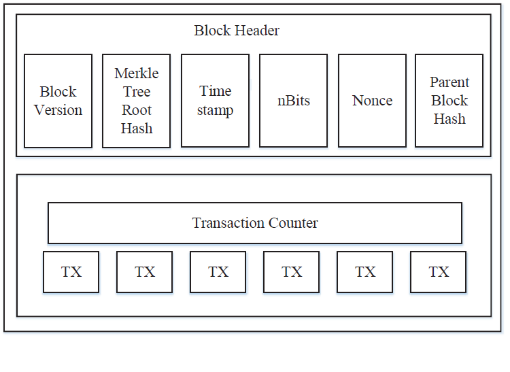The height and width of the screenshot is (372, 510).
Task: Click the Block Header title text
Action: point(237,31)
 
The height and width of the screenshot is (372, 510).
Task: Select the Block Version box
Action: point(58,101)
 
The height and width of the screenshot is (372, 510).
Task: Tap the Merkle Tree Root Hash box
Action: point(136,101)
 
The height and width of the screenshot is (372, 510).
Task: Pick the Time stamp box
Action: point(215,101)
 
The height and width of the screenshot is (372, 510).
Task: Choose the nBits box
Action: point(293,101)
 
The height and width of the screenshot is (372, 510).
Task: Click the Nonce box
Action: point(372,101)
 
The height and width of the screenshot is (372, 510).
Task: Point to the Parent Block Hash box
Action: point(449,101)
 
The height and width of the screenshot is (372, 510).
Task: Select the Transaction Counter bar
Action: point(255,223)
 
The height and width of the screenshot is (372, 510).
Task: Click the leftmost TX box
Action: point(71,272)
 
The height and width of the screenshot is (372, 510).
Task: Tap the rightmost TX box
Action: point(439,272)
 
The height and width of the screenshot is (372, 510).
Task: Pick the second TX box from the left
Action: point(144,272)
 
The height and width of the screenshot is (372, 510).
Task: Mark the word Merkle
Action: point(137,73)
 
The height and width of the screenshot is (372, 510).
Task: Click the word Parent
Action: point(449,82)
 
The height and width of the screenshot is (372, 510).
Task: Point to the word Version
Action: point(58,110)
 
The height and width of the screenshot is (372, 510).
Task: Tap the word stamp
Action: point(216,110)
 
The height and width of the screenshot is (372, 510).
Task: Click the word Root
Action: point(137,110)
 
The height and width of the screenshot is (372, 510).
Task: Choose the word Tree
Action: point(137,92)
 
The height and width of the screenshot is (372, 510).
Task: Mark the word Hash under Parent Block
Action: point(449,119)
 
